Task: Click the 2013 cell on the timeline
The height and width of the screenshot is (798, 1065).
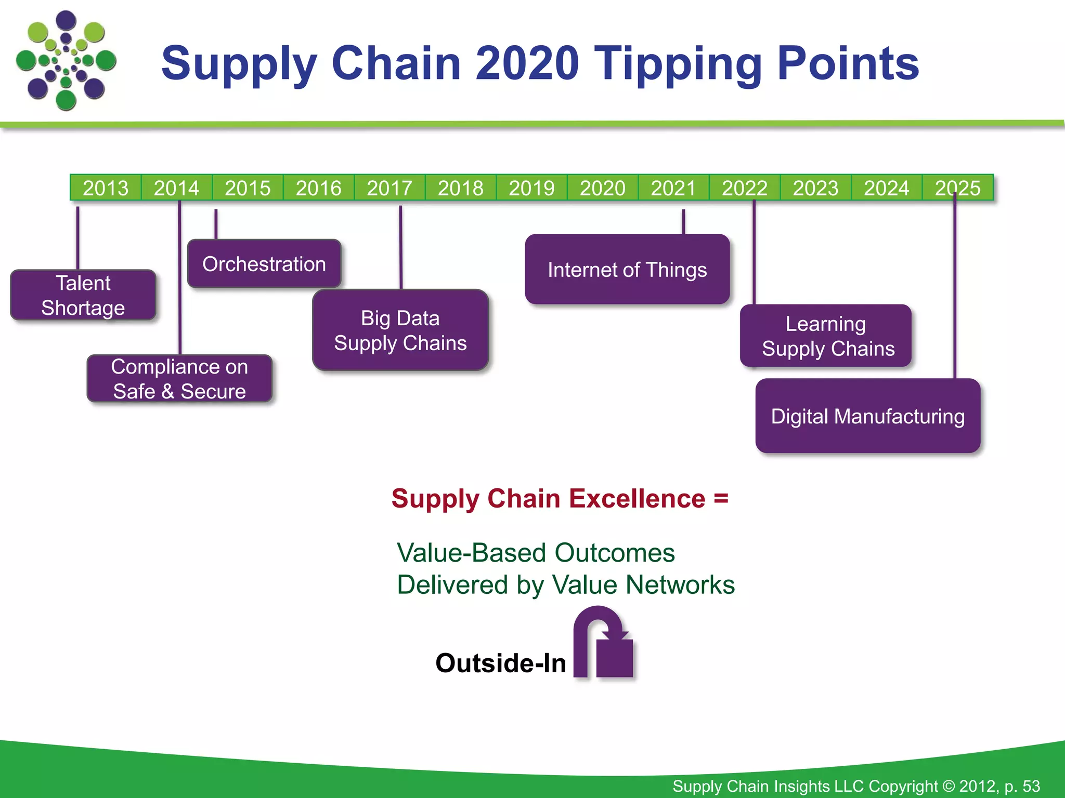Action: [106, 188]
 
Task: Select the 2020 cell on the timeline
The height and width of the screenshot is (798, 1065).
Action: [602, 188]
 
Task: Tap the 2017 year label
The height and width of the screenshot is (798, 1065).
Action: [389, 188]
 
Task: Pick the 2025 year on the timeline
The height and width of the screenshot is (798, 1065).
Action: [957, 188]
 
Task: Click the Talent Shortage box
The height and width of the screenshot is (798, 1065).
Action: [83, 295]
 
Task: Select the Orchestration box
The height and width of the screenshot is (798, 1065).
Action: [264, 264]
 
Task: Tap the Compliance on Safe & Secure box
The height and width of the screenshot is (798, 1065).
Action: [179, 379]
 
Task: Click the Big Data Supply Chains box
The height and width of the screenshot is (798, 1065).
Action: [400, 330]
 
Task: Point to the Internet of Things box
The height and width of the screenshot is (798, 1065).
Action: [627, 270]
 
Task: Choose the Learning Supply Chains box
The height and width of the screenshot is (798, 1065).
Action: [826, 336]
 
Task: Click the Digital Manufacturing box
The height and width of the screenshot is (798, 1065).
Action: [867, 416]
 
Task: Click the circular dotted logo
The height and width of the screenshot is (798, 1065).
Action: [66, 61]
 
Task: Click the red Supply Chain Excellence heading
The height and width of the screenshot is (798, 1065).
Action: [560, 498]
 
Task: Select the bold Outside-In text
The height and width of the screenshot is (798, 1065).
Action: [500, 663]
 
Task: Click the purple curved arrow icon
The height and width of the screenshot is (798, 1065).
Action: [603, 644]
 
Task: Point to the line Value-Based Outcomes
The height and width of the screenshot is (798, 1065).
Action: [536, 552]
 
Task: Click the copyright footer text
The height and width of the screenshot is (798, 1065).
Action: [856, 786]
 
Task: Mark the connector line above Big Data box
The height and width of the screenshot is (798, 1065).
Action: [400, 247]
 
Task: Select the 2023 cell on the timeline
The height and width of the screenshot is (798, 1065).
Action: [815, 188]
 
